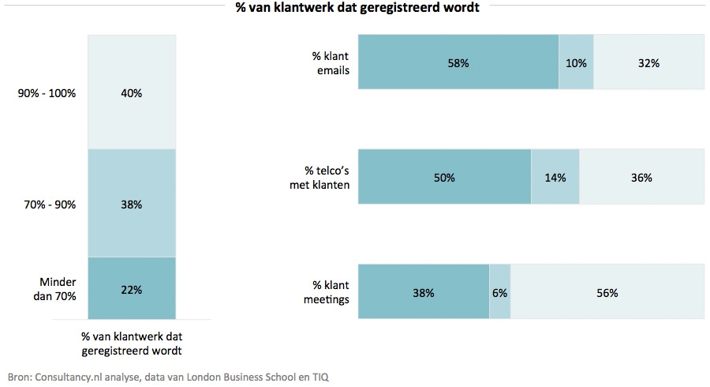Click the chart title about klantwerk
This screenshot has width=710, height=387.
357,9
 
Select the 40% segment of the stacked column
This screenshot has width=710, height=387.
131,92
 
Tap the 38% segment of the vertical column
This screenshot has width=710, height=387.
131,204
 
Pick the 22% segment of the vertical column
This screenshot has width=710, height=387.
131,289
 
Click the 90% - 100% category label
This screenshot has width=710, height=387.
47,93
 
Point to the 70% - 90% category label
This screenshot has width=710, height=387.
50,205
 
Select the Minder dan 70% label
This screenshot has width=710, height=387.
58,290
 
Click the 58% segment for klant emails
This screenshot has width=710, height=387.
458,62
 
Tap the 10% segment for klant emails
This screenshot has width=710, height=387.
576,62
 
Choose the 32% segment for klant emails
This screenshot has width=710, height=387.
648,62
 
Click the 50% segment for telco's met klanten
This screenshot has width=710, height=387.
444,178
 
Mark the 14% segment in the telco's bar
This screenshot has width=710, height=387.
555,178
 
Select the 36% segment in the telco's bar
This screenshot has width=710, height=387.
641,178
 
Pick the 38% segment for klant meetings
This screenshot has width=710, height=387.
424,292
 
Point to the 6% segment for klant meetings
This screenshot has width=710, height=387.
500,292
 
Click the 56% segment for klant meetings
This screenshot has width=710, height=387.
607,292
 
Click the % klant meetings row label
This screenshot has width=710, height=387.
328,292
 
